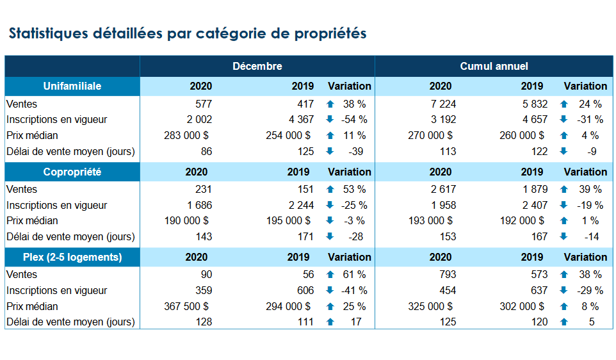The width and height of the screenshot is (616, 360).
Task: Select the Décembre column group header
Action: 257,66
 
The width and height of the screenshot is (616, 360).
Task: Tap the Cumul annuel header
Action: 494,66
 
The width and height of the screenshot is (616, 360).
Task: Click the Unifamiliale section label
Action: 72,86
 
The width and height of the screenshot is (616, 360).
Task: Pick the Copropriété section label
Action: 72,172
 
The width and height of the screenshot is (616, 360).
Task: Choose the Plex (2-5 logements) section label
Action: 72,257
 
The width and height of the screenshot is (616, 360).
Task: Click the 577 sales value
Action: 203,104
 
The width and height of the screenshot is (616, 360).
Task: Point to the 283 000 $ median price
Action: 186,135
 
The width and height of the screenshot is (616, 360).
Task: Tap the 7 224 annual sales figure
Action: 442,104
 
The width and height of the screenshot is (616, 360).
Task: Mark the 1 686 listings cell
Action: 199,205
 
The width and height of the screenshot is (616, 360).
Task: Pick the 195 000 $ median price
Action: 288,220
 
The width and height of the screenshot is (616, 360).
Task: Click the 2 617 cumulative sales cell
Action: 442,189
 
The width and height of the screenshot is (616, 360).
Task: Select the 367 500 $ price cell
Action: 186,306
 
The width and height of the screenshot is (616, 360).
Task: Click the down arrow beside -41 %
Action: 330,290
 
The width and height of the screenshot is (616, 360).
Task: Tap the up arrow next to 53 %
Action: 330,189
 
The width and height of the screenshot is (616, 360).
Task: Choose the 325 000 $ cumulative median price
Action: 430,306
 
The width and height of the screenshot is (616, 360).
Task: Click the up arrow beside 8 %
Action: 564,306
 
